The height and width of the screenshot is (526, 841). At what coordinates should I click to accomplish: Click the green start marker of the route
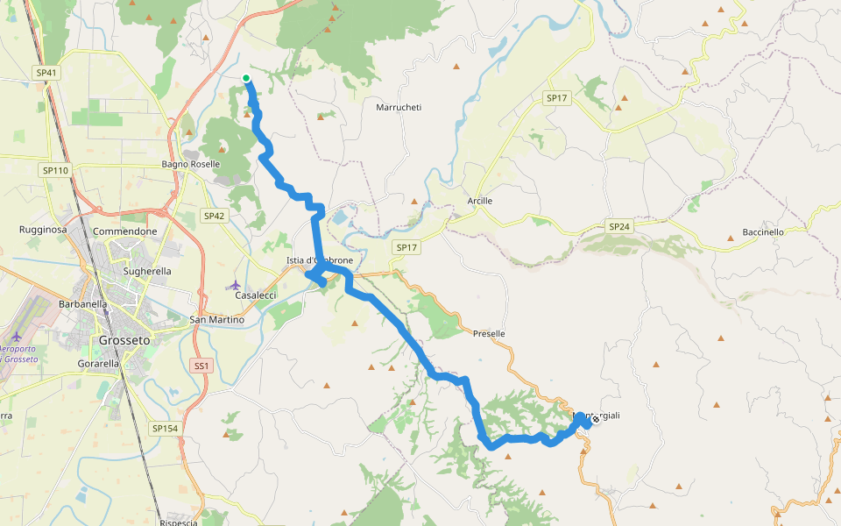point(247,79)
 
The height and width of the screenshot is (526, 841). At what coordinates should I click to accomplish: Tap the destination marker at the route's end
point(596,419)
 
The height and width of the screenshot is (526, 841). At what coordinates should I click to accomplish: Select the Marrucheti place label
point(399,108)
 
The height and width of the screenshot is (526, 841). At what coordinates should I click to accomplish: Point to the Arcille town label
point(479,201)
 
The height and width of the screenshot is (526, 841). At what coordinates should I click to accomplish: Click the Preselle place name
point(489,334)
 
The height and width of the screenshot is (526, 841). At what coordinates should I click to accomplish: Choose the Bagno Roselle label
point(191,164)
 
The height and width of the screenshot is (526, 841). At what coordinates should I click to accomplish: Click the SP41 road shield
point(46,73)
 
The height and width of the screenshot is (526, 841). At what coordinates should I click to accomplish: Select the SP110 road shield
point(54,170)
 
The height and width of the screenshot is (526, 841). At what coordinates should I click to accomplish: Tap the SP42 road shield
point(214,216)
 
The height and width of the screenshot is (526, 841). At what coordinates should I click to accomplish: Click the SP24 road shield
point(618,226)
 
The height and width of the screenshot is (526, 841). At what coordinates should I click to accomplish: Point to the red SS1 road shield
point(201,366)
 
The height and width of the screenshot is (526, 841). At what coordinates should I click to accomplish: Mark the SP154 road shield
point(165,428)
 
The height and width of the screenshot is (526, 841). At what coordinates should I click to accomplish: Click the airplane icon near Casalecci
point(233,285)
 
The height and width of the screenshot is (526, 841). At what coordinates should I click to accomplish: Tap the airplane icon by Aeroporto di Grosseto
point(17,337)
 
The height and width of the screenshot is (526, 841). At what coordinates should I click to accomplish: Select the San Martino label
point(217,320)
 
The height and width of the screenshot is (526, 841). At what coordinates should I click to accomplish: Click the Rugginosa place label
point(44,230)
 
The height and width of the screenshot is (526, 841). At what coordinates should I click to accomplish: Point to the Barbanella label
point(82,304)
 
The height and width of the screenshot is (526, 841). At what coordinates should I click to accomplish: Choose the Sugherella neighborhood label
point(147,272)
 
